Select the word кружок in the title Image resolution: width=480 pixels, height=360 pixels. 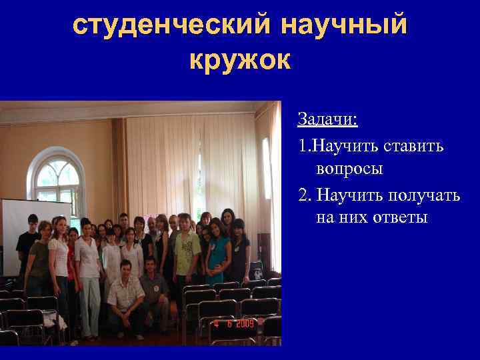click(x=240, y=60)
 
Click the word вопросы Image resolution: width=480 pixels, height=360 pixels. click(x=349, y=169)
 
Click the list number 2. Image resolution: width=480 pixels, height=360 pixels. click(x=303, y=194)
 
